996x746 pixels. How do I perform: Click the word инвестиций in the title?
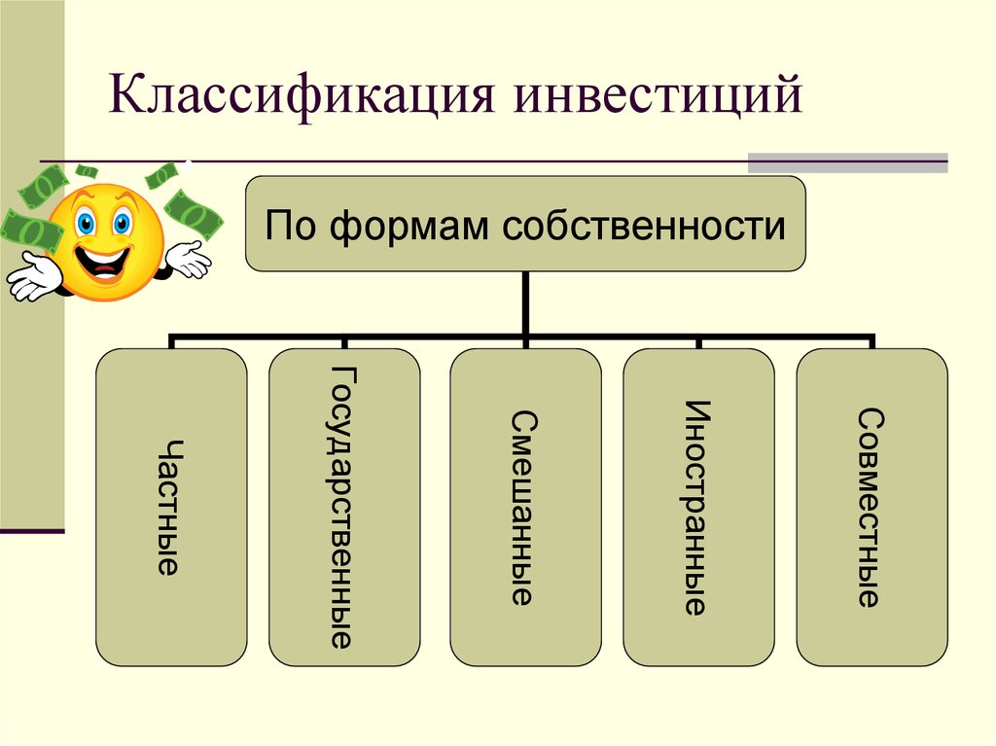click(658, 96)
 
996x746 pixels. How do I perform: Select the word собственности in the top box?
click(644, 226)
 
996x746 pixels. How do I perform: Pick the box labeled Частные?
click(171, 507)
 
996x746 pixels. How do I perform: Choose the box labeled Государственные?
click(344, 507)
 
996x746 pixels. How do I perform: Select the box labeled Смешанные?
click(525, 507)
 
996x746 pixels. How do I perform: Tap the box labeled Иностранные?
click(698, 507)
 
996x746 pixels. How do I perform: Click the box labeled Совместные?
click(872, 507)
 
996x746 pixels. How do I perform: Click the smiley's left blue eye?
click(86, 223)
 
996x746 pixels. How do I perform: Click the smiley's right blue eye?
click(122, 223)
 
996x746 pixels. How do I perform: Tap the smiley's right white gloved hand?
click(189, 260)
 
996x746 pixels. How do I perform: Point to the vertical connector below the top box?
click(525, 303)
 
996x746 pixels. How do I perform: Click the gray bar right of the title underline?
click(847, 162)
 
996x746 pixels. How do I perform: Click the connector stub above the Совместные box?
click(872, 341)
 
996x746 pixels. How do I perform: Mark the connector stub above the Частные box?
click(171, 341)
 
